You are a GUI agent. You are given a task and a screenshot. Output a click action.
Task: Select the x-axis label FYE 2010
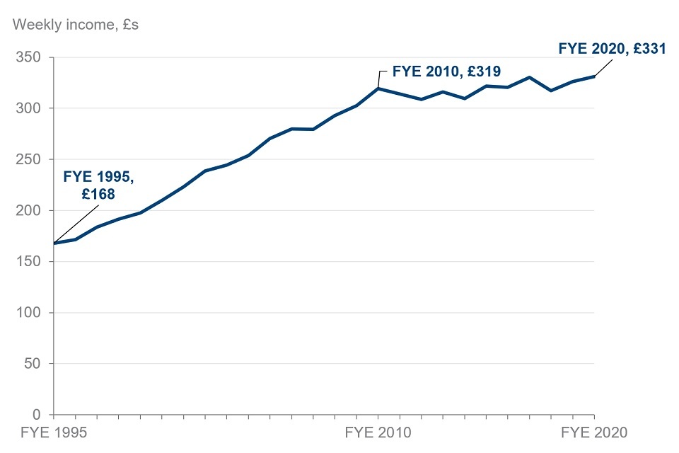point(378,432)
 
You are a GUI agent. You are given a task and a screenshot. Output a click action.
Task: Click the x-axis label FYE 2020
point(594,432)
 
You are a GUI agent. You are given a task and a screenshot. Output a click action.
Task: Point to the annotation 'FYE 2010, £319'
point(446,71)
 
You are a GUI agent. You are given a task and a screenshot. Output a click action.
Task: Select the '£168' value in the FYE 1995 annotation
point(98,193)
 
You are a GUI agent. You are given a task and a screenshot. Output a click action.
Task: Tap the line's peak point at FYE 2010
point(378,88)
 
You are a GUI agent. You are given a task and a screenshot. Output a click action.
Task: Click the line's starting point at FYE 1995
point(54,243)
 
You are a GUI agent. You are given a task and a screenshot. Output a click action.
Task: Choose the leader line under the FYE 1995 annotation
point(76,224)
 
